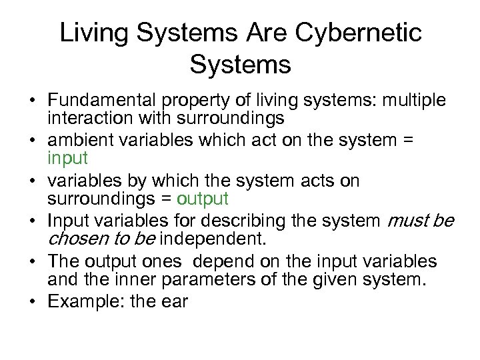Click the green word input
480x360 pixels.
[67, 159]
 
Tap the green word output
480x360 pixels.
[203, 199]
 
